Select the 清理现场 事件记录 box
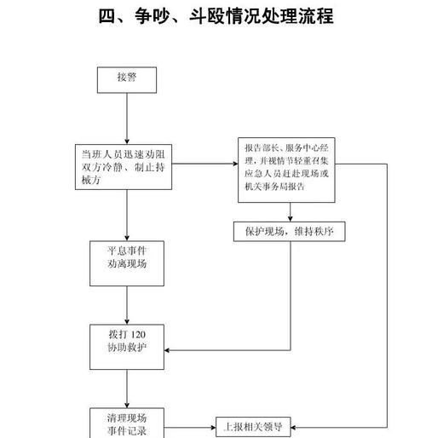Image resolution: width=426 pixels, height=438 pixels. (x=127, y=423)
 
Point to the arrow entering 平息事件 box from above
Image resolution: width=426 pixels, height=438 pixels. (x=127, y=232)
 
